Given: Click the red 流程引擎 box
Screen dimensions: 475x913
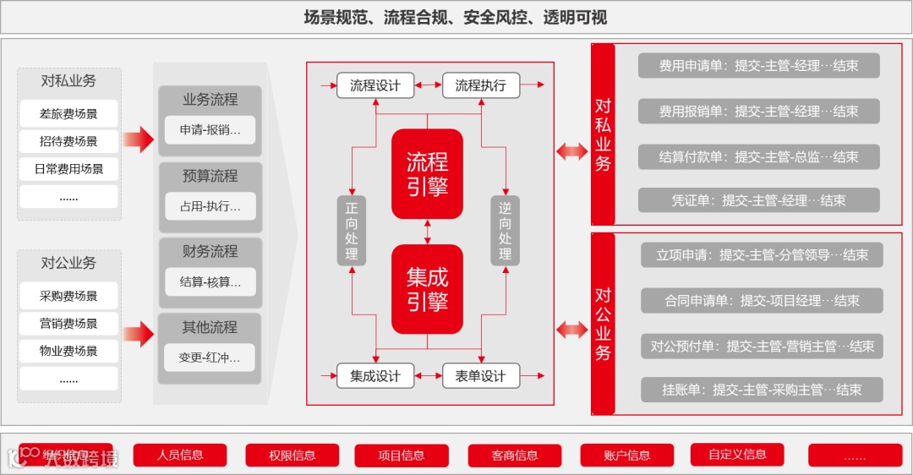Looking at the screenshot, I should click(427, 174).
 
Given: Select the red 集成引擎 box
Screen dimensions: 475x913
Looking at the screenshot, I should click(427, 289).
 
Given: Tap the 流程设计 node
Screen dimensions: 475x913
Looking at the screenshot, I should click(375, 85).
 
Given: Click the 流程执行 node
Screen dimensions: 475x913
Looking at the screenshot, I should click(480, 85).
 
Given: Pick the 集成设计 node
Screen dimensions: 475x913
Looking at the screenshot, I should click(375, 376).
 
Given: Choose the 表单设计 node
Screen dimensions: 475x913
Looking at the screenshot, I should click(480, 376).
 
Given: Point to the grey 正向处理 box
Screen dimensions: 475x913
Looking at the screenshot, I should click(352, 230).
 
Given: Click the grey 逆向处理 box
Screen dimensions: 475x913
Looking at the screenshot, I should click(505, 230).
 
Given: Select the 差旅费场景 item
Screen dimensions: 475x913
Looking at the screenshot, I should click(68, 114).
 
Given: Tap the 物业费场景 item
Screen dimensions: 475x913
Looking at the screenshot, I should click(68, 351).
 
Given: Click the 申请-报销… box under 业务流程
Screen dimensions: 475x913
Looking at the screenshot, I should click(210, 130).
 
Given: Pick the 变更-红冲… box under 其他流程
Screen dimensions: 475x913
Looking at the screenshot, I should click(210, 358).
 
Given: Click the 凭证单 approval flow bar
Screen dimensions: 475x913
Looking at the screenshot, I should click(758, 200).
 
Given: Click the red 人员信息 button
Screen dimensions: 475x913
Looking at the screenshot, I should click(180, 455).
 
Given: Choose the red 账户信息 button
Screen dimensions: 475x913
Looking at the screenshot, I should click(627, 456).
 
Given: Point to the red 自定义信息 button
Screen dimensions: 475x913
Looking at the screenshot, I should click(738, 455).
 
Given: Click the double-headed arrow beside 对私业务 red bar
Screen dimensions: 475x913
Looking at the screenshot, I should click(572, 151).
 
